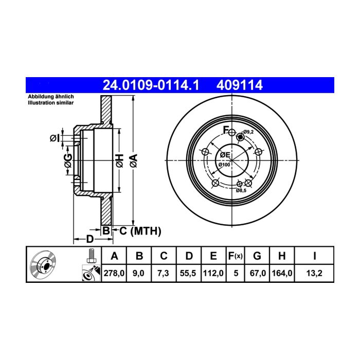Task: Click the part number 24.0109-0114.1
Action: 151,85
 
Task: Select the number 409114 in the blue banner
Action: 240,85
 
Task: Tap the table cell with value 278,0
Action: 114,273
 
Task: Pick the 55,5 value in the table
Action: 189,273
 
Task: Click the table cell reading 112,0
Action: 213,273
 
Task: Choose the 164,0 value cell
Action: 282,273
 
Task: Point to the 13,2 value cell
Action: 314,273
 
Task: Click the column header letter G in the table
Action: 257,256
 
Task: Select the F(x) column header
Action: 236,256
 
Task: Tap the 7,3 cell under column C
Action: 164,273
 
